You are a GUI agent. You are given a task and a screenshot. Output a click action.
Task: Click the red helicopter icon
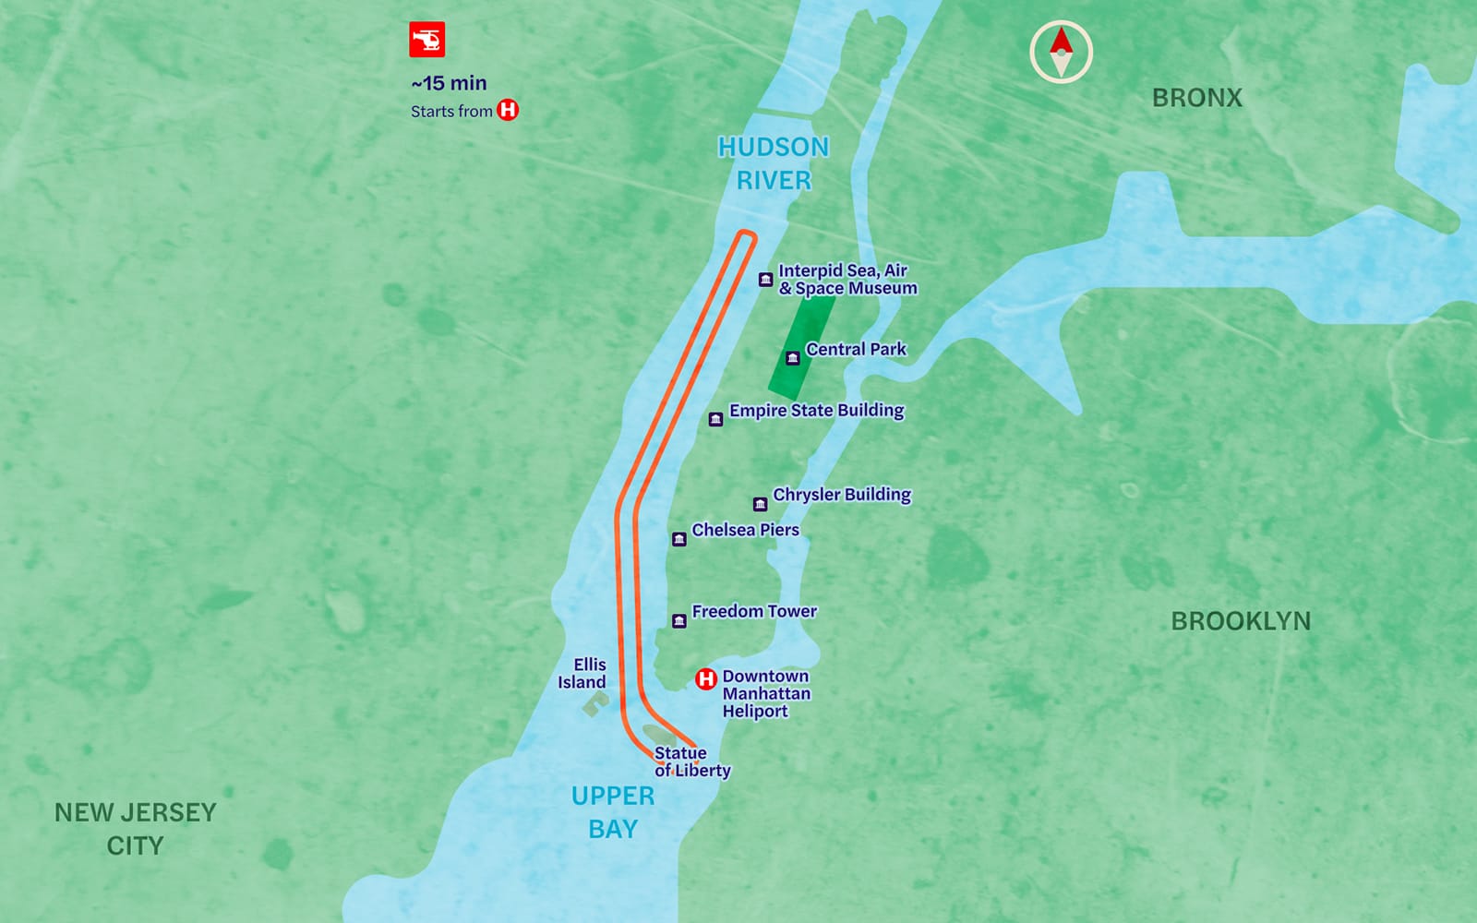[x=427, y=40]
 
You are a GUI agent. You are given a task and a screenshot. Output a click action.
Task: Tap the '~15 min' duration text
[x=449, y=83]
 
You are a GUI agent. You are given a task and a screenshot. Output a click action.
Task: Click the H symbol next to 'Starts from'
[x=508, y=110]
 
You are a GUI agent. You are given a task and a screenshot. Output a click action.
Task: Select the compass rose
[x=1061, y=52]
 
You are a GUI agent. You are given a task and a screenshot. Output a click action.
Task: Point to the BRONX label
[x=1196, y=98]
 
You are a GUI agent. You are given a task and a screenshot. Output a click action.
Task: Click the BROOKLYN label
[x=1240, y=621]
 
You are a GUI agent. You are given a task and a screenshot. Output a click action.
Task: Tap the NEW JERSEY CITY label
[x=135, y=829]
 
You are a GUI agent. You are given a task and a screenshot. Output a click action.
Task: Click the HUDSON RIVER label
[x=774, y=163]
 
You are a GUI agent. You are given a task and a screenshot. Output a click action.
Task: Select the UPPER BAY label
[x=612, y=812]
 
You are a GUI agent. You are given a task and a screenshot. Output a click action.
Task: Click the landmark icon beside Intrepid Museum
[x=765, y=280]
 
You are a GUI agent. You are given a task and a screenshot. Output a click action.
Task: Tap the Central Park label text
[x=856, y=349]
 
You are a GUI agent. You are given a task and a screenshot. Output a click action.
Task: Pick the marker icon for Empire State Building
[x=715, y=420]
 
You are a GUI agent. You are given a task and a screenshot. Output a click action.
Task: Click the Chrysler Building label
[x=841, y=495]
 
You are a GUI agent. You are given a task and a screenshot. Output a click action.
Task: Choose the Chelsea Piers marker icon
[x=678, y=539]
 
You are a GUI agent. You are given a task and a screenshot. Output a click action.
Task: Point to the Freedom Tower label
[x=754, y=611]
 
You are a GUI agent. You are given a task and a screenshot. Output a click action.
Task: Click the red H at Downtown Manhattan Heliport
[x=706, y=679]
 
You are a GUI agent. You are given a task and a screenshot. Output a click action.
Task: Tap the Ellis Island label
[x=582, y=673]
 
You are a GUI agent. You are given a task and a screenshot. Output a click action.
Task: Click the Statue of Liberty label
[x=691, y=762]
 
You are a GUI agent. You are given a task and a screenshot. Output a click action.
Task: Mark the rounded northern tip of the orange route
[x=747, y=236]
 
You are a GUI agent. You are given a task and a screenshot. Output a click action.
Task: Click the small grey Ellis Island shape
[x=593, y=707]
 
